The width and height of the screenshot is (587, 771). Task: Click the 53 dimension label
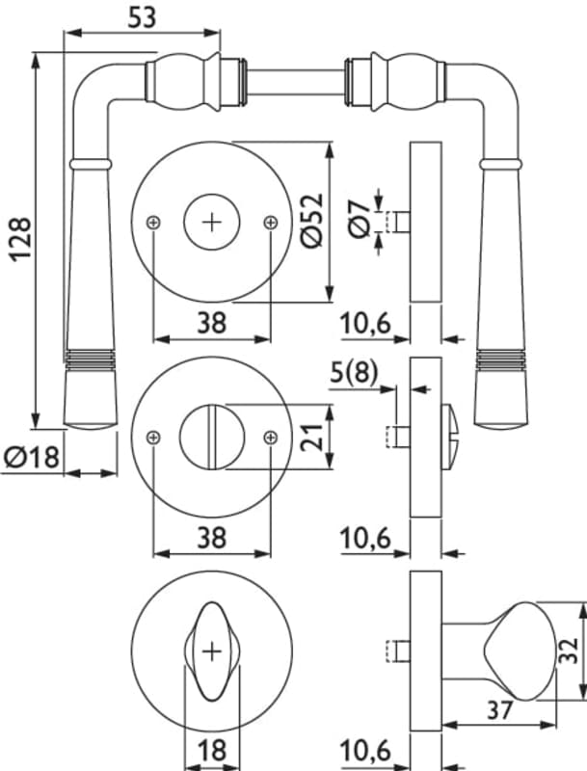tap(142, 17)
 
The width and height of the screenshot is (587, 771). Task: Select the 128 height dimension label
tap(21, 238)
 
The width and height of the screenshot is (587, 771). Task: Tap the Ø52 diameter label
tap(311, 221)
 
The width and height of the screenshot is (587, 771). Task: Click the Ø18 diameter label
tap(32, 457)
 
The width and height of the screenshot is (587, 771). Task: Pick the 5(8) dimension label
tap(354, 372)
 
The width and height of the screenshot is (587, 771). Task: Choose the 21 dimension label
tap(311, 437)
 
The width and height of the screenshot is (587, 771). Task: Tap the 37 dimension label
tap(499, 710)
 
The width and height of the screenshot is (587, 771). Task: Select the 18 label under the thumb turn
tap(212, 751)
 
